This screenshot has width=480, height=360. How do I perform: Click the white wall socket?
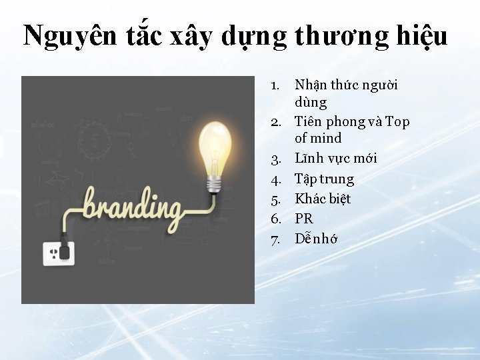(57, 253)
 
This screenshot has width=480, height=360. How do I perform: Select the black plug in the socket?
(65, 250)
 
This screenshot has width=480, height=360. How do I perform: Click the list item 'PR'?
(303, 219)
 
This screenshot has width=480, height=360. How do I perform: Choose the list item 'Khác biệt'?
(323, 199)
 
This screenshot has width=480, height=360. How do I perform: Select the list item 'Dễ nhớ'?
(316, 238)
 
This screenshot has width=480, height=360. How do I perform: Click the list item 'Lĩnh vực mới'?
(335, 159)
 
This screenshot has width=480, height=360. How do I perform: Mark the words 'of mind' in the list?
(317, 139)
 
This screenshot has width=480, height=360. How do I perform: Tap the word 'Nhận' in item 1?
(309, 87)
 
